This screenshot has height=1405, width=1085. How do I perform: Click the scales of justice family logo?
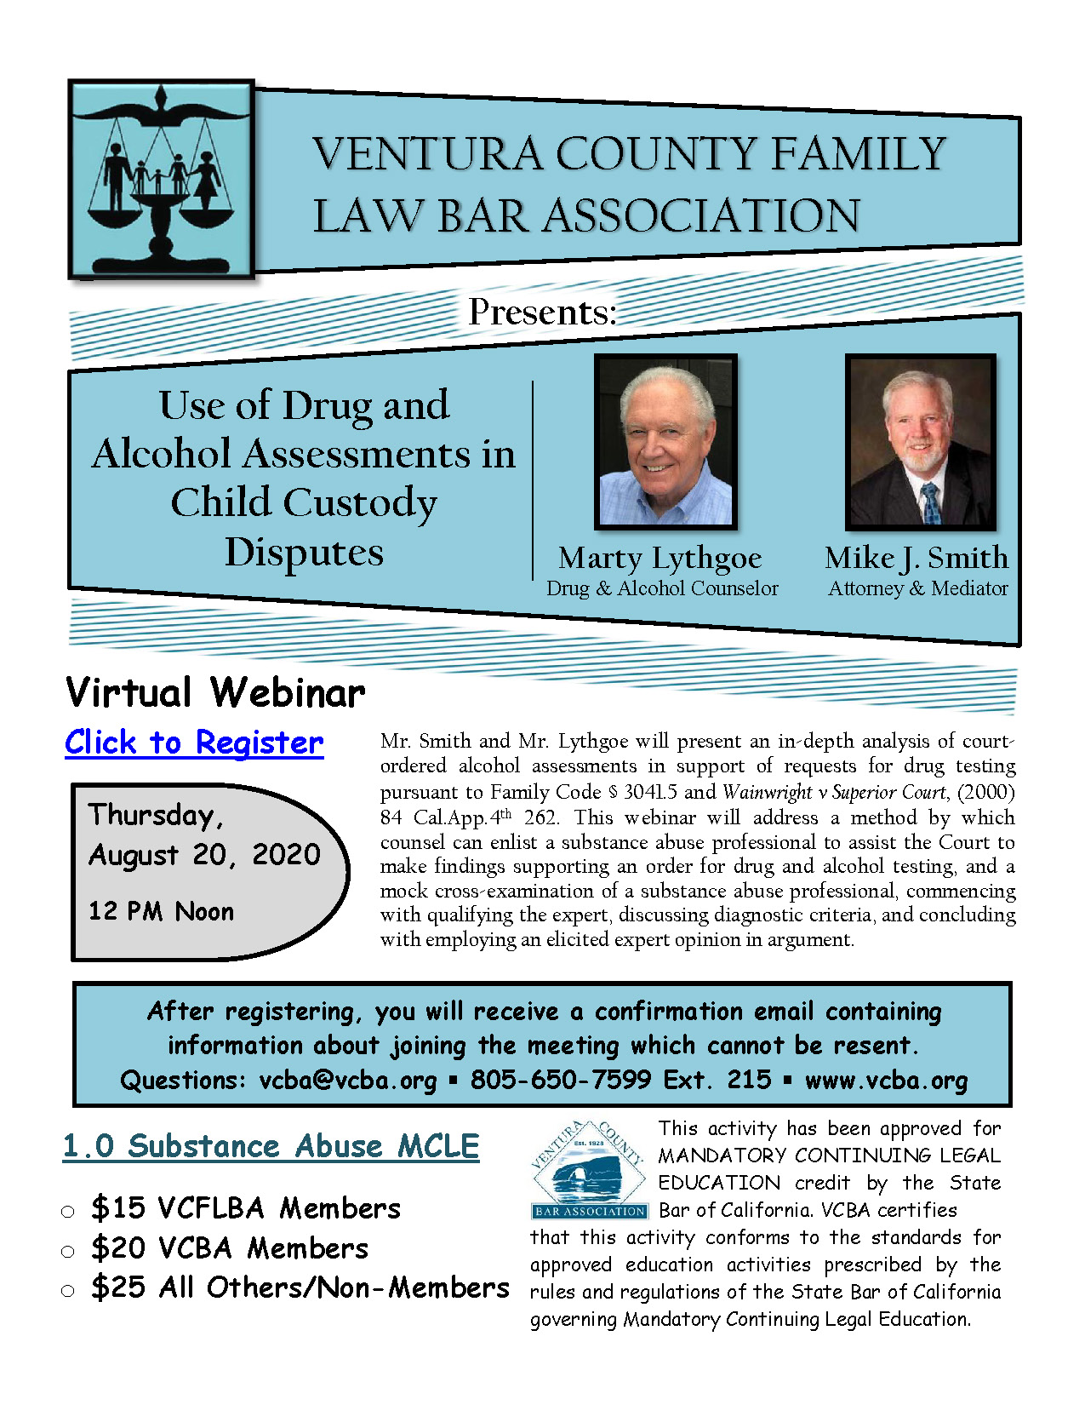(x=161, y=180)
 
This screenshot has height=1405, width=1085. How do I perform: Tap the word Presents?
(x=542, y=313)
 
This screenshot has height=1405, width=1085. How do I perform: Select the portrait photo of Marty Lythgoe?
(x=665, y=441)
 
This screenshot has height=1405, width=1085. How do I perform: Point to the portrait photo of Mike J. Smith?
(x=919, y=441)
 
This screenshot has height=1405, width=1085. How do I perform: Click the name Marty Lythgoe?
(x=660, y=559)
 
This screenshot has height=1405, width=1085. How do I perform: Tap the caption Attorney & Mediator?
(x=917, y=588)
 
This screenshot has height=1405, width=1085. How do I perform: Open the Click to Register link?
(x=194, y=743)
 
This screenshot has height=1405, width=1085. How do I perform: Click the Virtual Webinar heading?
(x=215, y=692)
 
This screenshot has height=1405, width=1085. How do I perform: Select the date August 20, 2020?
(x=204, y=855)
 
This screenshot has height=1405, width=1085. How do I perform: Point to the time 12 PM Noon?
(x=161, y=912)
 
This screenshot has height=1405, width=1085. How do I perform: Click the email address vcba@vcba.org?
(x=348, y=1081)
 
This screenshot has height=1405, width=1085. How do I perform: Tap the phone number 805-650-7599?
(x=561, y=1081)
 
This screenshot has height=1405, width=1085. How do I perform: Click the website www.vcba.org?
(x=886, y=1081)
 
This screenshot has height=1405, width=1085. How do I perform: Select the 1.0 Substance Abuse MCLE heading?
(x=271, y=1146)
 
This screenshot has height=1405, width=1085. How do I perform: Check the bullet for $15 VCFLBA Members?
(x=68, y=1211)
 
